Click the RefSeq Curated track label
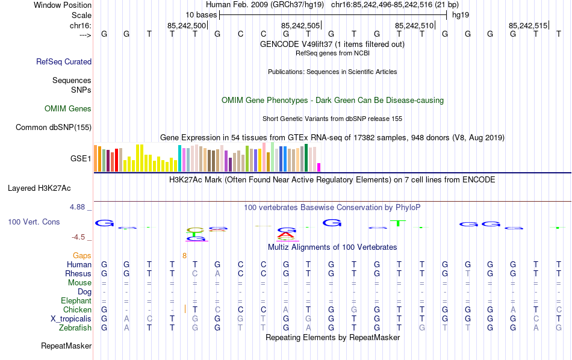[64, 61]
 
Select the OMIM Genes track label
[68, 109]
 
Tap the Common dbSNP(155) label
[54, 127]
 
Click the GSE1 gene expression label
[81, 159]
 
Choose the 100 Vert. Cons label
[34, 222]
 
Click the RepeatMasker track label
[66, 346]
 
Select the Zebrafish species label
[75, 328]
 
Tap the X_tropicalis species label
[71, 319]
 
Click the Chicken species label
[77, 310]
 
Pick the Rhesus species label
[78, 274]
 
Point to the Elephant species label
[76, 301]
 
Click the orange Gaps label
[82, 256]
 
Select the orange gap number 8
[185, 256]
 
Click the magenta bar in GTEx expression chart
[319, 167]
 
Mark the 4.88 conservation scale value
[78, 207]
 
